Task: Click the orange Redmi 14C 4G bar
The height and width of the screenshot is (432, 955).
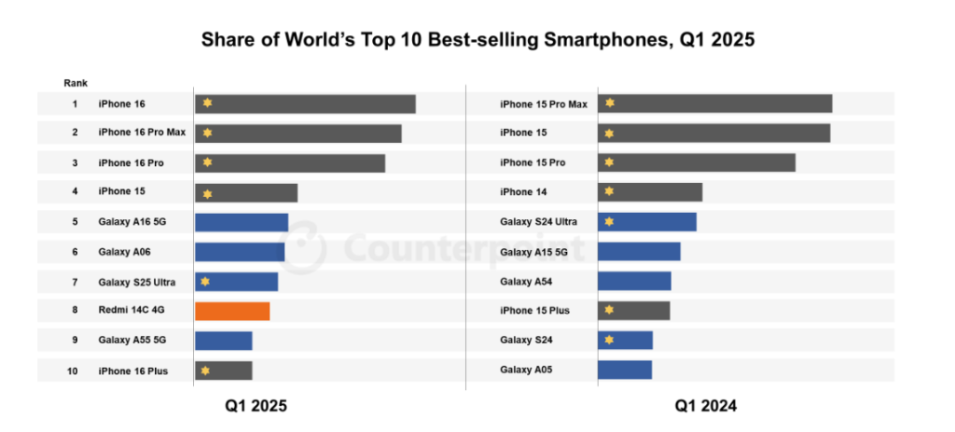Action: pos(232,311)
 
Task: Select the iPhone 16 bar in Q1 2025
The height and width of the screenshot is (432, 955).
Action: pos(305,104)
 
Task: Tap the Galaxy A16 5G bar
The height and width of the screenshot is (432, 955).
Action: pos(242,222)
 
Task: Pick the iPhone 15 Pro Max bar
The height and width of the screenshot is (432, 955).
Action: pos(715,104)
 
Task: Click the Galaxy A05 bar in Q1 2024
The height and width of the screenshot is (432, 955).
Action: pos(625,369)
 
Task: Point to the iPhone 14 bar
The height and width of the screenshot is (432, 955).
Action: pos(650,192)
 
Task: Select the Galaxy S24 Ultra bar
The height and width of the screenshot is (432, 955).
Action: pos(647,222)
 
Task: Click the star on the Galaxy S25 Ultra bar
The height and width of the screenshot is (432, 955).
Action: pos(205,282)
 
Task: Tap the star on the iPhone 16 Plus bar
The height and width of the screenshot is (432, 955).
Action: pos(205,370)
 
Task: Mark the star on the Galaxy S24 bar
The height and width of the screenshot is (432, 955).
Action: pos(608,340)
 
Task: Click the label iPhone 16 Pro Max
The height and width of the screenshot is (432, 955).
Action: pos(142,132)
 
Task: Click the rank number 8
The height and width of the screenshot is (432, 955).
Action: pos(75,310)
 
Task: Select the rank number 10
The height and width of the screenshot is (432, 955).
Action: pos(73,370)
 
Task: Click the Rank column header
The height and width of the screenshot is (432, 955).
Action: pos(76,83)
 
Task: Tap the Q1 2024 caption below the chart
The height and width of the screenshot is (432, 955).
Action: pos(705,406)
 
